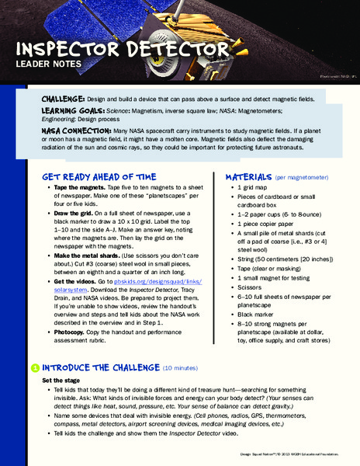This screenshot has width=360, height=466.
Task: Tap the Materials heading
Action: coord(247,176)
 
